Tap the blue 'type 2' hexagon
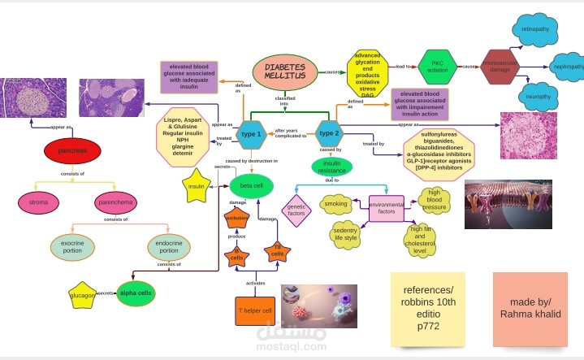[x=328, y=132]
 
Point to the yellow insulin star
[x=196, y=185]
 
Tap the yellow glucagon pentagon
[x=83, y=293]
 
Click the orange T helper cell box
[x=256, y=310]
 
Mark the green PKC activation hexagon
[x=439, y=66]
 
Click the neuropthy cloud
[x=539, y=97]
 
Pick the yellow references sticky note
[x=422, y=308]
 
